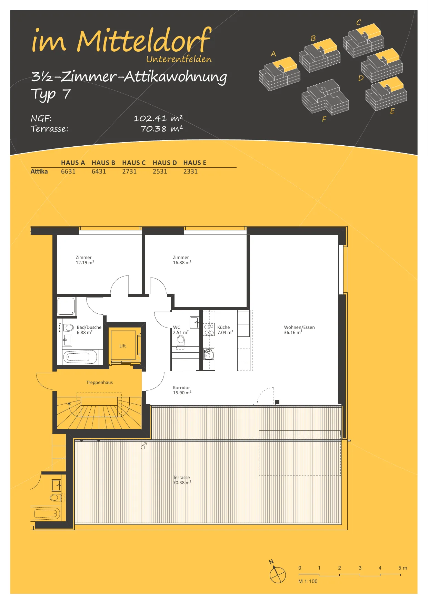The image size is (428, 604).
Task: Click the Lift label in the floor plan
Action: [x=122, y=346]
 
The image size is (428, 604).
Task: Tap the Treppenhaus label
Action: [x=99, y=383]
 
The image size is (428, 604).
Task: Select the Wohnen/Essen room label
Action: [x=299, y=330]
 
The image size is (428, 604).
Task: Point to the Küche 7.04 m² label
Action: [x=225, y=330]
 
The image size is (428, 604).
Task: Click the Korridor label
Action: [x=182, y=390]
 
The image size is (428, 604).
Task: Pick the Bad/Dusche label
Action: [x=89, y=330]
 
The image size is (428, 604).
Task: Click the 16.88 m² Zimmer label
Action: [x=182, y=260]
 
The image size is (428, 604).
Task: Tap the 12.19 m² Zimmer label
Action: [x=85, y=260]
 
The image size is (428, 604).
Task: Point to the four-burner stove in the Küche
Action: [x=209, y=330]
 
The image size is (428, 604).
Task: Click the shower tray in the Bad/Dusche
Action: [x=66, y=306]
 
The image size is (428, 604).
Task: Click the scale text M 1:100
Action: [x=308, y=581]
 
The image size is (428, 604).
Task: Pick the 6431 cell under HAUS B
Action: [x=99, y=171]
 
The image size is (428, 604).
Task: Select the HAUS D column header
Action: [x=165, y=163]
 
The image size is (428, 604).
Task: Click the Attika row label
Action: [x=39, y=171]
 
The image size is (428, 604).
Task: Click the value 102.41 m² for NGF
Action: [x=158, y=118]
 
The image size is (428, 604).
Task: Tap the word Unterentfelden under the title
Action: [x=179, y=59]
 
